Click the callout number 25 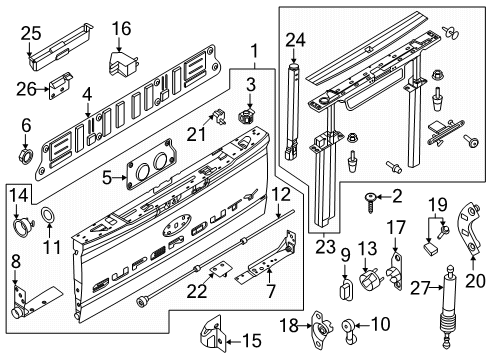[31, 34]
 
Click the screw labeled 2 [370, 202]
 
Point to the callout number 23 [325, 247]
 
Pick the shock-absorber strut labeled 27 [447, 306]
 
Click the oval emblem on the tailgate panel [177, 228]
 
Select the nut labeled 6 [26, 156]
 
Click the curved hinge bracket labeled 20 [470, 230]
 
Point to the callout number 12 [281, 194]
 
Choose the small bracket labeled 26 [61, 86]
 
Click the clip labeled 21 [219, 116]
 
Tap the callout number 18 [289, 325]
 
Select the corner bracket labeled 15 [211, 333]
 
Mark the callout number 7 [271, 291]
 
